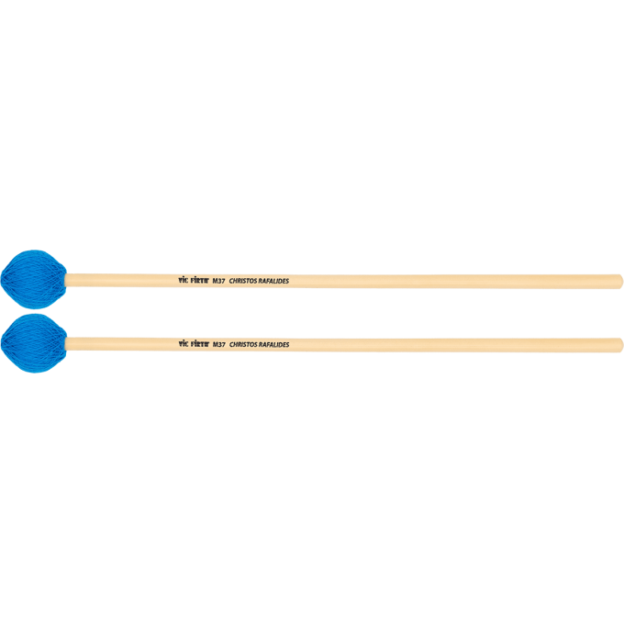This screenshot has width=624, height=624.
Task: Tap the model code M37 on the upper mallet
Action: point(219,282)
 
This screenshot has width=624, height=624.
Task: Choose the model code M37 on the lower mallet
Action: point(219,345)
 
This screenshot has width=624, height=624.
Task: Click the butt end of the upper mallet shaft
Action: point(619,282)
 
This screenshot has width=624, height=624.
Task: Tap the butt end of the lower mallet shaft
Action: point(619,345)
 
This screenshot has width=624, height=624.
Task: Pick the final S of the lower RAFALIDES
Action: point(288,345)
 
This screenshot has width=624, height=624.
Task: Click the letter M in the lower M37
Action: point(216,345)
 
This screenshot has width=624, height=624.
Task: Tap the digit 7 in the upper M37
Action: point(224,282)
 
